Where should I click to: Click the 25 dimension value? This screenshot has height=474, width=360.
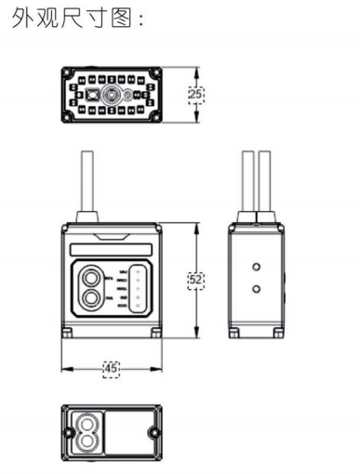tap(195, 94)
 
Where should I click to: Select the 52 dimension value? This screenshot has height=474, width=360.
tap(195, 279)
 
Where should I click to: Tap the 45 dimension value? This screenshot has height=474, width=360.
tap(111, 368)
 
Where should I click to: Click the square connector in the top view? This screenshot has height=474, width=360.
tap(92, 95)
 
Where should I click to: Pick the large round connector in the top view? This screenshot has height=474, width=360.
tap(111, 95)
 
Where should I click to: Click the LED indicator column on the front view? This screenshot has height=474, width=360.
tap(136, 287)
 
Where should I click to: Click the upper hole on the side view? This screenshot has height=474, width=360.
tap(256, 267)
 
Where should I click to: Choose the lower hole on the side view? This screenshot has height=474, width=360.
tap(256, 288)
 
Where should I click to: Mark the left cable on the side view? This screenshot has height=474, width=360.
tap(248, 180)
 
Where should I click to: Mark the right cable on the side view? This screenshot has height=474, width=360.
tap(264, 180)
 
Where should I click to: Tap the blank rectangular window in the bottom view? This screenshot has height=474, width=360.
tap(129, 432)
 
